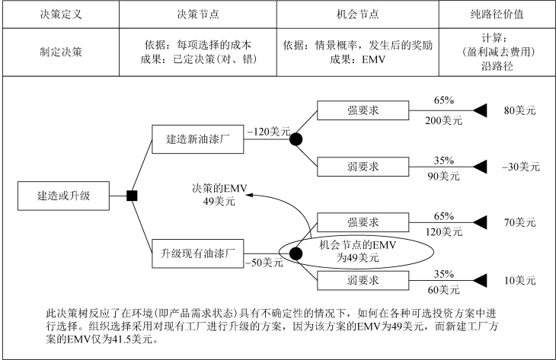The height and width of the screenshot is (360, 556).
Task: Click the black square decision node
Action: (x=132, y=196)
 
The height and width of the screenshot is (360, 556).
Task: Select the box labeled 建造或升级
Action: (x=63, y=196)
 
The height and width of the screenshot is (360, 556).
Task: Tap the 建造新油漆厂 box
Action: (x=198, y=139)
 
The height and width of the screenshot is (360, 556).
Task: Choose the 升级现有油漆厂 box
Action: (x=198, y=253)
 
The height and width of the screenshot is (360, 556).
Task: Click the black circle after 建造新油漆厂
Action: (x=296, y=139)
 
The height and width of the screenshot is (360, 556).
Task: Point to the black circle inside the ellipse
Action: (x=296, y=253)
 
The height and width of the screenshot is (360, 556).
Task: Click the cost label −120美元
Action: (x=269, y=132)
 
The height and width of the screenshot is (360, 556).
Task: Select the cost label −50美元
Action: (x=264, y=263)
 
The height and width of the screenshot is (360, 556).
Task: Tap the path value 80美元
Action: (x=520, y=110)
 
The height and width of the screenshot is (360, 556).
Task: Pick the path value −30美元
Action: (x=521, y=167)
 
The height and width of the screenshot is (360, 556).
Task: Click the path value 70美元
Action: (x=520, y=222)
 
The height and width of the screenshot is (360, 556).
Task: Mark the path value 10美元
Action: (x=520, y=281)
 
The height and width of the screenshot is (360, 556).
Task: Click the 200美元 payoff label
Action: (x=443, y=121)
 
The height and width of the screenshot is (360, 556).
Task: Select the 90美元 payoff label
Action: (x=443, y=176)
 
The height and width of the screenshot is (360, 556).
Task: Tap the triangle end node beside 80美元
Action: (x=480, y=110)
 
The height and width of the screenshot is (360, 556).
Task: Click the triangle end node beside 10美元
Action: (x=480, y=281)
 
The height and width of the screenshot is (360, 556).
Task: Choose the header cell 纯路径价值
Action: (x=497, y=14)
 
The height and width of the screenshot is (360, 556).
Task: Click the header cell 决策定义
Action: (x=61, y=14)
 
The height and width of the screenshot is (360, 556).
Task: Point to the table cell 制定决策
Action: (x=61, y=52)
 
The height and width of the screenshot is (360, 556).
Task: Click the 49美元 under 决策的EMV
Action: (x=219, y=202)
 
